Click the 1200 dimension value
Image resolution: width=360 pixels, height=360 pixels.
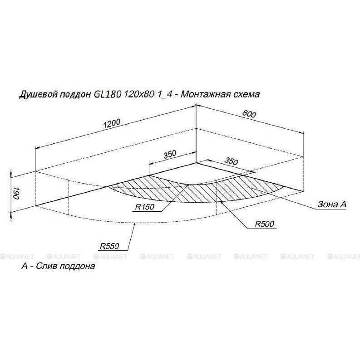click(112, 123)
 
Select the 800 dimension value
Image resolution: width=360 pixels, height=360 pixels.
click(249, 114)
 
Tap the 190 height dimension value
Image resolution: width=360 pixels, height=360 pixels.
click(16, 193)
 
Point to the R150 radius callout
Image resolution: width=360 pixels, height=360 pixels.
click(145, 207)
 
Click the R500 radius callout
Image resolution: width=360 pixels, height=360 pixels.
click(264, 224)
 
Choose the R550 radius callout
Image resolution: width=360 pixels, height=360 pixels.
click(109, 246)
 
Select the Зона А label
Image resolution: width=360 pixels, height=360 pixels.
click(332, 204)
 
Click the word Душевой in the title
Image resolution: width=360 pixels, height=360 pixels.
click(38, 94)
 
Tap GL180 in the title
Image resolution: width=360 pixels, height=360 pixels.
click(107, 94)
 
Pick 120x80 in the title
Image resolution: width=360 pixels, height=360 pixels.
click(139, 94)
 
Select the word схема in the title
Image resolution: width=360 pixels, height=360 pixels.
click(247, 94)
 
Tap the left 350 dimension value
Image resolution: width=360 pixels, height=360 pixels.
click(170, 155)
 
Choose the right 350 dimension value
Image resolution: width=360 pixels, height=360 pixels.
click(231, 161)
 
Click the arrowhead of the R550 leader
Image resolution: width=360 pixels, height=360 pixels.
click(134, 224)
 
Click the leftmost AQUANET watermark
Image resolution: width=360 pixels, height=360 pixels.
click(17, 257)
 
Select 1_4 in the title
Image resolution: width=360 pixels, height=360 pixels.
click(165, 94)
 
